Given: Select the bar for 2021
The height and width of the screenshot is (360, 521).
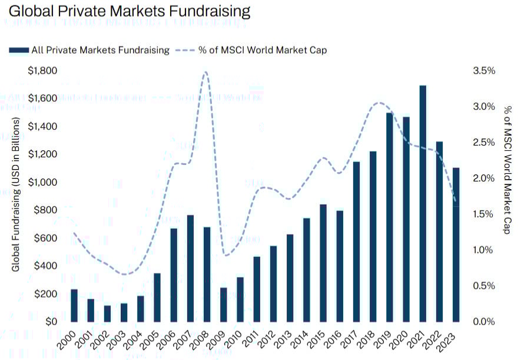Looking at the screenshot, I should [423, 203].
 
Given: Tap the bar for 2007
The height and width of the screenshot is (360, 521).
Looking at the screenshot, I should [190, 268].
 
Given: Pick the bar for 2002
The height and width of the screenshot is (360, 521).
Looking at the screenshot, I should [107, 313].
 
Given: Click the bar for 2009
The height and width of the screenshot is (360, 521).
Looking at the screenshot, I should [224, 304].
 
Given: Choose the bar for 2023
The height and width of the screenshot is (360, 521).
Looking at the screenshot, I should [456, 245].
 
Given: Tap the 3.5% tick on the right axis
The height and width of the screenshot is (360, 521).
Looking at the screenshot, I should [485, 71].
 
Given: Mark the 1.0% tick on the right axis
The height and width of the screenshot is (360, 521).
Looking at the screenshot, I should [485, 250].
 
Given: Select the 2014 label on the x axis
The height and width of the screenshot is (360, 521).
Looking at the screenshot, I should [303, 338].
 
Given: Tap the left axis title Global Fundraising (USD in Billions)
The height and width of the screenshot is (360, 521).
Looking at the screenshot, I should [16, 194].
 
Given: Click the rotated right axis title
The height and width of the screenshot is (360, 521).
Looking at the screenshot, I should [507, 170].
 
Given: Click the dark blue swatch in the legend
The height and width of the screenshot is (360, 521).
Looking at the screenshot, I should [19, 50].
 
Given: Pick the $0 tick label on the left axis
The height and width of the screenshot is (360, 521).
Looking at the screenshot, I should [51, 322].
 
